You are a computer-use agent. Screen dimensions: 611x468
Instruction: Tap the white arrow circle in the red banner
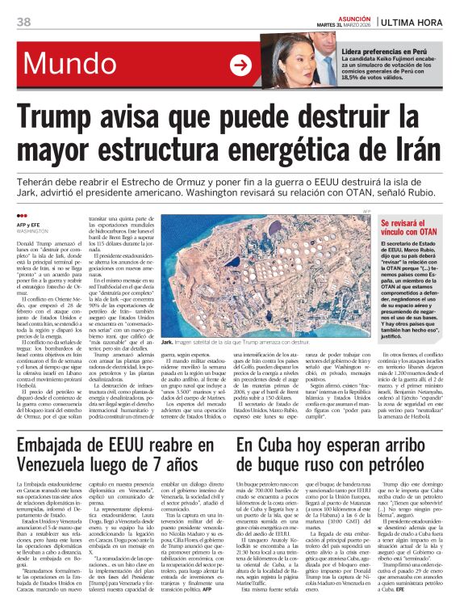tap(240, 65)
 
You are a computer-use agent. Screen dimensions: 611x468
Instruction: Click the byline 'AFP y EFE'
tap(29, 224)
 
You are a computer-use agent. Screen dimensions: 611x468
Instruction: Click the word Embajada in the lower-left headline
tap(57, 446)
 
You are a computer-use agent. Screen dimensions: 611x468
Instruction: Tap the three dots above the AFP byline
tap(20, 215)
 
